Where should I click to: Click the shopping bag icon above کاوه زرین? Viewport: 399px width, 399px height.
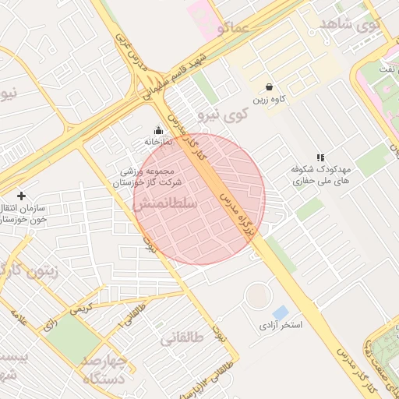pos(269,87)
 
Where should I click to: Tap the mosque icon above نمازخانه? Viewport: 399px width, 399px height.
pos(159,130)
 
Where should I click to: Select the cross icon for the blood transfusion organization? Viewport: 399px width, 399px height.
pos(21,196)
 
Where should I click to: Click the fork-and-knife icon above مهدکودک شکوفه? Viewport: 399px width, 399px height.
pos(320,157)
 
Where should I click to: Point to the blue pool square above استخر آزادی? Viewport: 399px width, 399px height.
pos(280,312)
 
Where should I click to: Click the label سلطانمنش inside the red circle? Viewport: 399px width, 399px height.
pos(164,205)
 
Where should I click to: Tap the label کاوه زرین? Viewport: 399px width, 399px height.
pos(269,101)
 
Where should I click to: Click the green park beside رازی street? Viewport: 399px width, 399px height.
pos(73,337)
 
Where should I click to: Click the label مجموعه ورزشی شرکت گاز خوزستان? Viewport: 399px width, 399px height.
pos(150,176)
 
